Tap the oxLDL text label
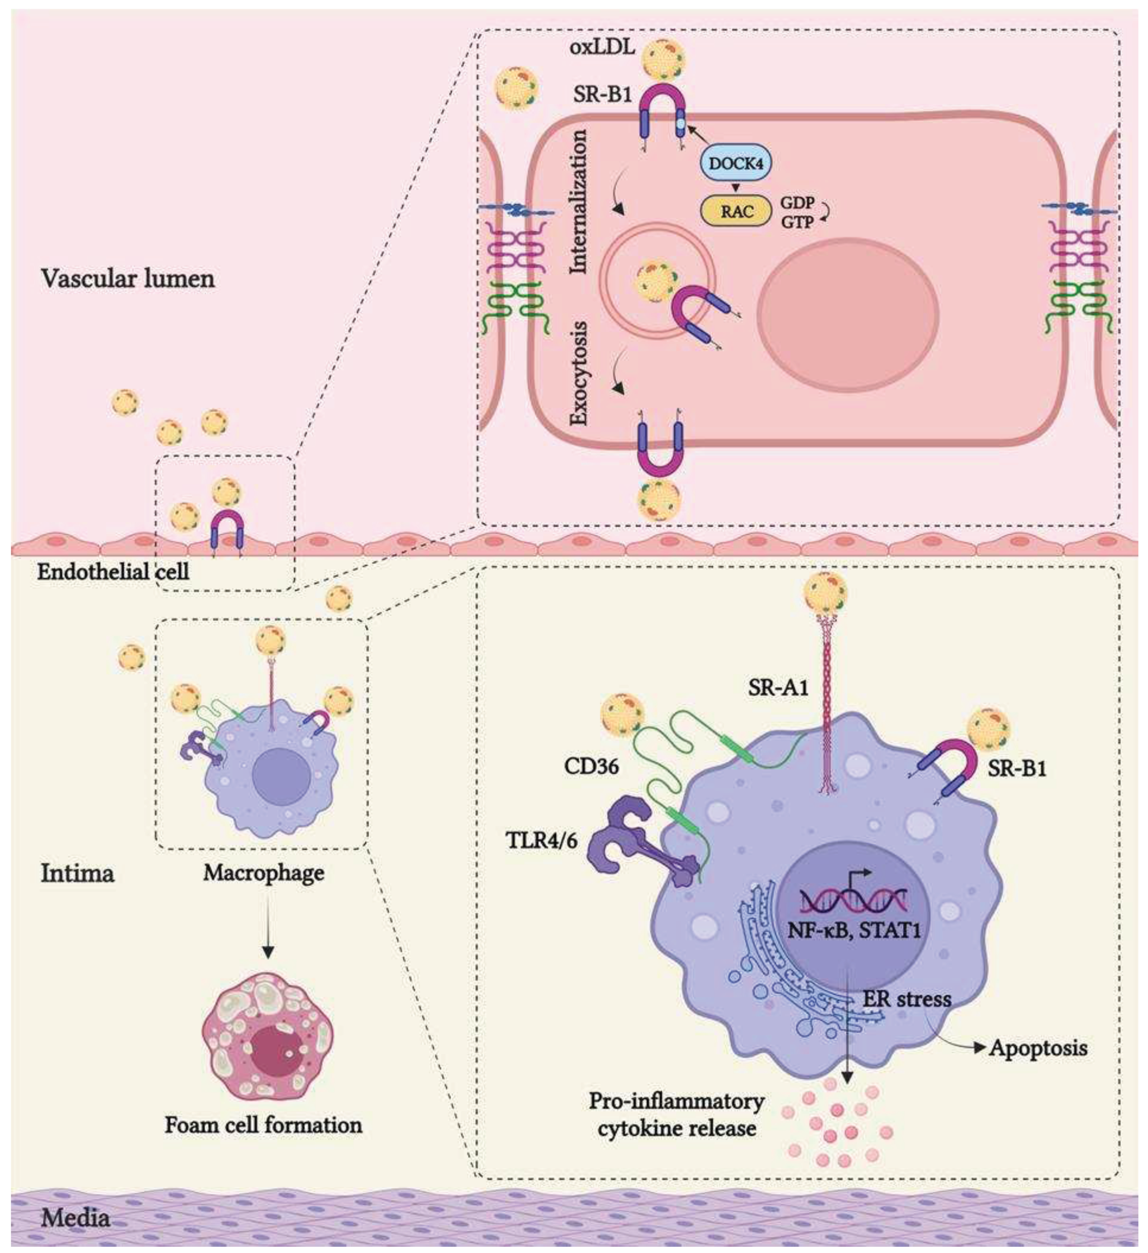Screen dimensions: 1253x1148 click(x=602, y=47)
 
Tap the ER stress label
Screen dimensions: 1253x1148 click(x=906, y=999)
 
